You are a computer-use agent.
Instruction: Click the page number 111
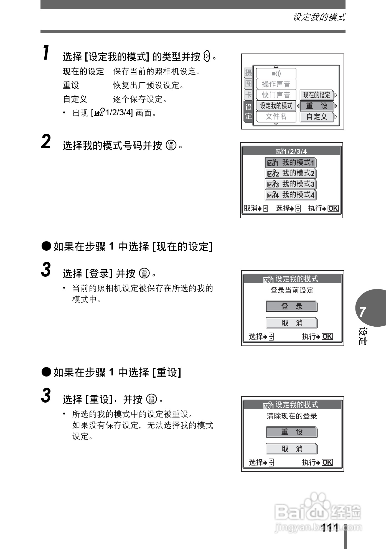click(330, 527)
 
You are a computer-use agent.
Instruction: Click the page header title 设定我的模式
click(319, 17)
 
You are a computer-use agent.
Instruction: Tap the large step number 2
click(46, 142)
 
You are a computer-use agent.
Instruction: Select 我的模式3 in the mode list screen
click(291, 184)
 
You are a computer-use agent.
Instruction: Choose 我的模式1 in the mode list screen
click(291, 162)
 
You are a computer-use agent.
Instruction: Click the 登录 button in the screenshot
click(291, 306)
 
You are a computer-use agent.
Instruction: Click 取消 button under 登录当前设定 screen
click(291, 323)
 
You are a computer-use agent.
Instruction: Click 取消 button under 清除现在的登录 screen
click(291, 449)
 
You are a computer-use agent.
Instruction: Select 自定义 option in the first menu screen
click(316, 117)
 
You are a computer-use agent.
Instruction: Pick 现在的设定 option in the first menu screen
click(316, 95)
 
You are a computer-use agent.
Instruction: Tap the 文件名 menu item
click(276, 116)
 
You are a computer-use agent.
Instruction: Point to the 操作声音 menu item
click(276, 84)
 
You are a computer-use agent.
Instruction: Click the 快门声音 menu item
click(276, 95)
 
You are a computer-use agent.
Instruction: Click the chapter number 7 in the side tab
click(363, 312)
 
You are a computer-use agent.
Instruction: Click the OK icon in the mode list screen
click(333, 209)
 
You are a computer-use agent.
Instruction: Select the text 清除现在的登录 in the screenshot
click(292, 416)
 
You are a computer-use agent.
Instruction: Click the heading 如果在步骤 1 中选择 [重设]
click(111, 372)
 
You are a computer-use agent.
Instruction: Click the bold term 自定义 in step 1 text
click(75, 99)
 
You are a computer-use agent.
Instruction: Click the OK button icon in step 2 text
click(171, 145)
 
